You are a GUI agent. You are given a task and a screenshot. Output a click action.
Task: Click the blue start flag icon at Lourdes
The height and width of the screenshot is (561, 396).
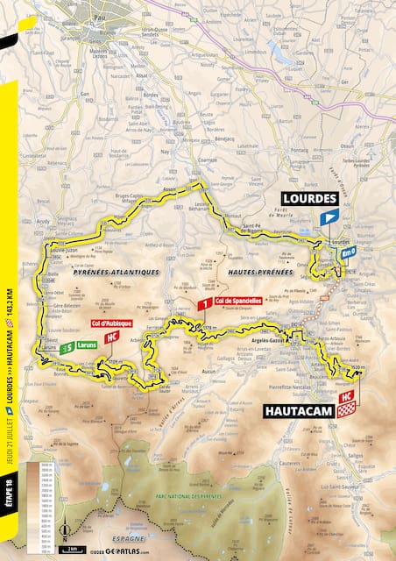pyautogui.click(x=328, y=217)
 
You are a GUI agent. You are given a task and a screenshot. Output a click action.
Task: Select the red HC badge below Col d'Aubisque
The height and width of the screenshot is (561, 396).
pyautogui.click(x=111, y=337)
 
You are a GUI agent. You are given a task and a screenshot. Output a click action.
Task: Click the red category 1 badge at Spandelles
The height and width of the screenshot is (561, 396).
pyautogui.click(x=204, y=305)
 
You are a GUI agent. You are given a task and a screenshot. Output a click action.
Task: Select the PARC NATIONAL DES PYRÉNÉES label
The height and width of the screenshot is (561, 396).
pyautogui.click(x=187, y=496)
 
